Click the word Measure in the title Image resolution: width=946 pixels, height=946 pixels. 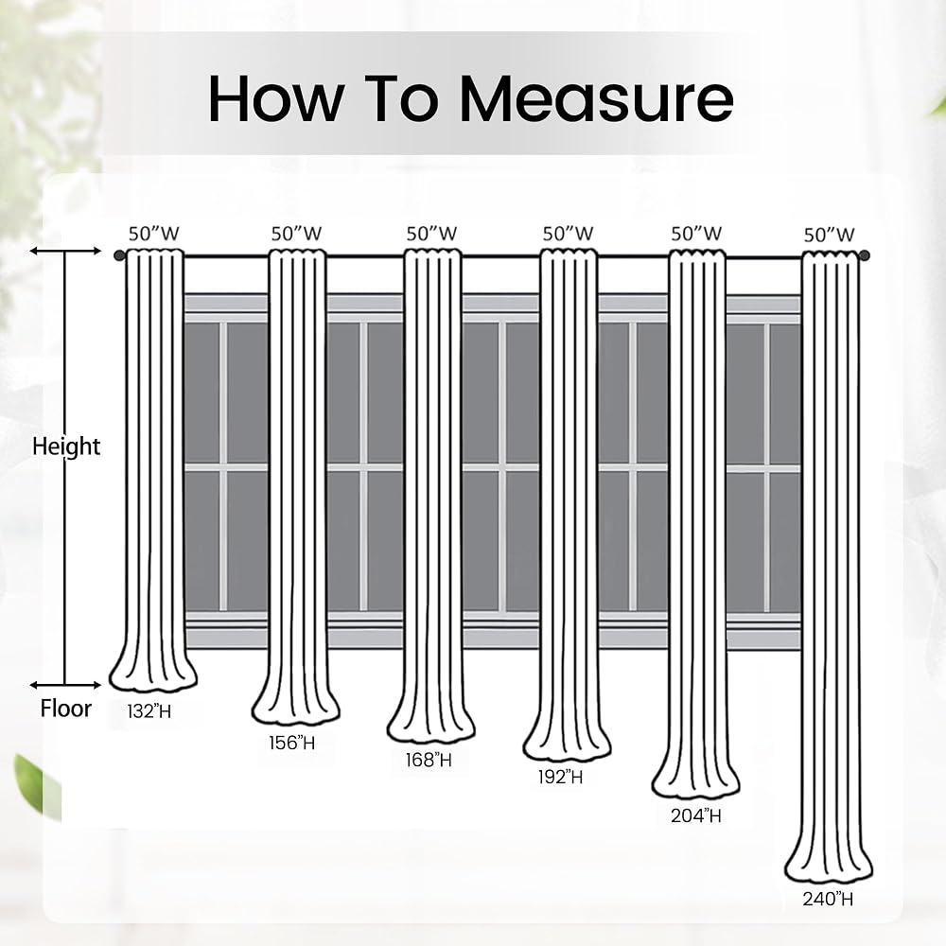tap(596, 99)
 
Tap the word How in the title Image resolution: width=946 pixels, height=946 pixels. tap(276, 99)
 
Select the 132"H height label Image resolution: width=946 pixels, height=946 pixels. tap(149, 711)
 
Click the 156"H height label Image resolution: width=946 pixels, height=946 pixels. tap(292, 743)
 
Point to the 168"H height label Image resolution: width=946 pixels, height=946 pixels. tap(429, 760)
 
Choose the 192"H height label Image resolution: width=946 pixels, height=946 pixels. tap(560, 777)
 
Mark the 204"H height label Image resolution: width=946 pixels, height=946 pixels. tap(695, 815)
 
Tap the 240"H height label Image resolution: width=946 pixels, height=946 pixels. tap(828, 899)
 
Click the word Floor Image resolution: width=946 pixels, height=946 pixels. tap(66, 709)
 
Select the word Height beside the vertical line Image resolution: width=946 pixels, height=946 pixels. tap(66, 447)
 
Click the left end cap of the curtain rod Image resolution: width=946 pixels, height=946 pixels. tap(119, 255)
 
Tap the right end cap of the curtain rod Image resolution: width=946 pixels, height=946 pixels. tap(865, 255)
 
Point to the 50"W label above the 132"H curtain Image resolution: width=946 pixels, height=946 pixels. tap(154, 234)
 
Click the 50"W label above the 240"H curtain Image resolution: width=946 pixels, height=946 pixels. tap(829, 235)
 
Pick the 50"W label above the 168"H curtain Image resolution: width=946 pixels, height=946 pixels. tap(431, 234)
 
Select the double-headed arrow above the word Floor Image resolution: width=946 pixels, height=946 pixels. tap(65, 685)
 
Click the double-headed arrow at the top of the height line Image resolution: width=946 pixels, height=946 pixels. tap(65, 251)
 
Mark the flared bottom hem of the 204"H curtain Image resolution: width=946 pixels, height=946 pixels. tap(695, 781)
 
